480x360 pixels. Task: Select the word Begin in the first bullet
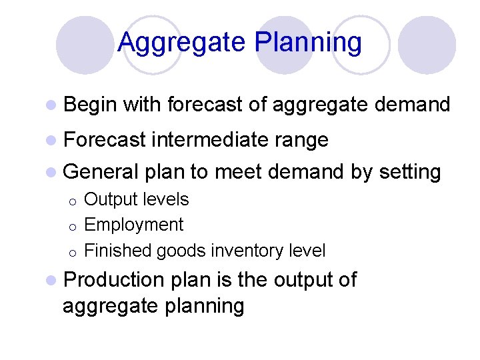[x=90, y=105]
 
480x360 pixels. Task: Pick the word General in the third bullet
[x=100, y=172]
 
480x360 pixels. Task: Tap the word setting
[x=410, y=173]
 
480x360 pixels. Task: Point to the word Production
[x=113, y=280]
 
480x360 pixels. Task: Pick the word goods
[x=181, y=251]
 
